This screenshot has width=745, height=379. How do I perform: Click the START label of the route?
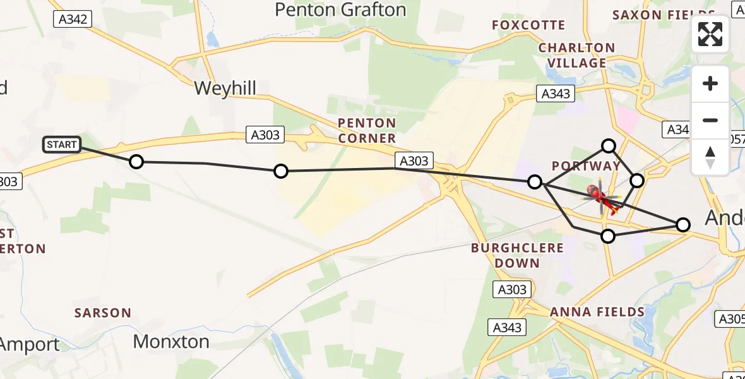[61, 145]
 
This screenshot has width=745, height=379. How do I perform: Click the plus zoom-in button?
[710, 83]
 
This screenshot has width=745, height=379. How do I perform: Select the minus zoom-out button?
[710, 120]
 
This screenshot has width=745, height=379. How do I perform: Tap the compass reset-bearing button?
[710, 157]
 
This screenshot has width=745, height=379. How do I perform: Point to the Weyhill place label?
[225, 88]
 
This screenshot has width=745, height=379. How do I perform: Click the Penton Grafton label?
[340, 10]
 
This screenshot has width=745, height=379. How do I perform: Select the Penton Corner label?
[367, 130]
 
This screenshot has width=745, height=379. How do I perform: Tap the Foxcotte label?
[528, 25]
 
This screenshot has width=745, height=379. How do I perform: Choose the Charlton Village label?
[576, 55]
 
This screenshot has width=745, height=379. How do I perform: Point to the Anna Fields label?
[597, 311]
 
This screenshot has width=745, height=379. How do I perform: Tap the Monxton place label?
[171, 342]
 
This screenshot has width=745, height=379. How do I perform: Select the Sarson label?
[103, 313]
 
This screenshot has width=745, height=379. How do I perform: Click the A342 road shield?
[73, 20]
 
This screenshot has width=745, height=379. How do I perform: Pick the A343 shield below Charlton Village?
[556, 94]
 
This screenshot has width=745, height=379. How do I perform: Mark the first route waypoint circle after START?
[136, 162]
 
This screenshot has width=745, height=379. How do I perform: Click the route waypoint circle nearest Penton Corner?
[281, 171]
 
